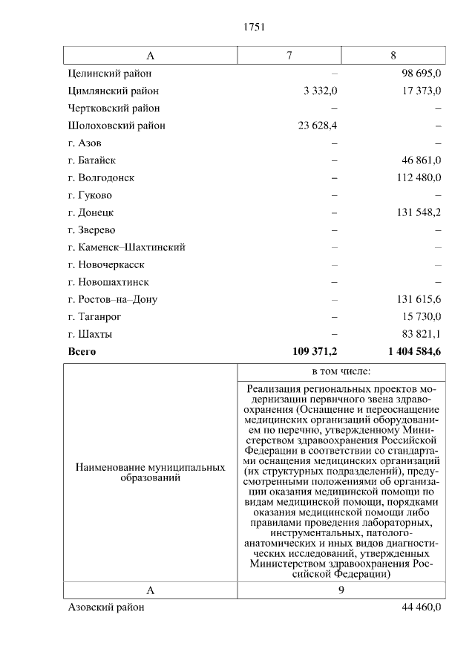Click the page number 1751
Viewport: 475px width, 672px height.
coord(254,27)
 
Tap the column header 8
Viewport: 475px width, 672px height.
coord(393,56)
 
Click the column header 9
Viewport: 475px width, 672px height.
coord(341,590)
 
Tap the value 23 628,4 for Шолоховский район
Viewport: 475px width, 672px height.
coord(318,125)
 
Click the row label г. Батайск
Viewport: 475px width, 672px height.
coord(91,160)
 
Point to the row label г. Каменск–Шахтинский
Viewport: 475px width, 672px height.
coord(126,247)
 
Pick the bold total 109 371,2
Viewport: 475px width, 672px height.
coord(315,352)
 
